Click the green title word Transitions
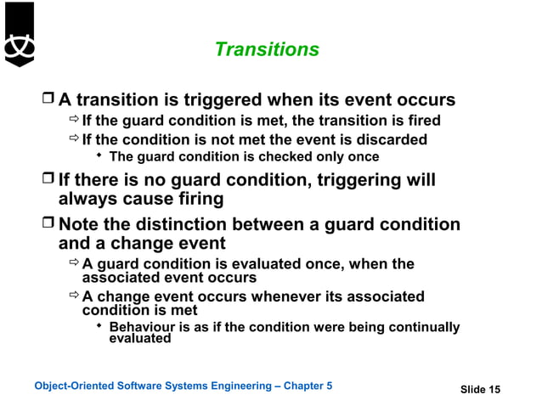pos(267,50)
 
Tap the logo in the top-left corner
pos(19,34)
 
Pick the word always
pos(88,200)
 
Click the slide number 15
pos(494,390)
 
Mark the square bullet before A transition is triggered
pos(49,100)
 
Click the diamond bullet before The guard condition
pos(100,157)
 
